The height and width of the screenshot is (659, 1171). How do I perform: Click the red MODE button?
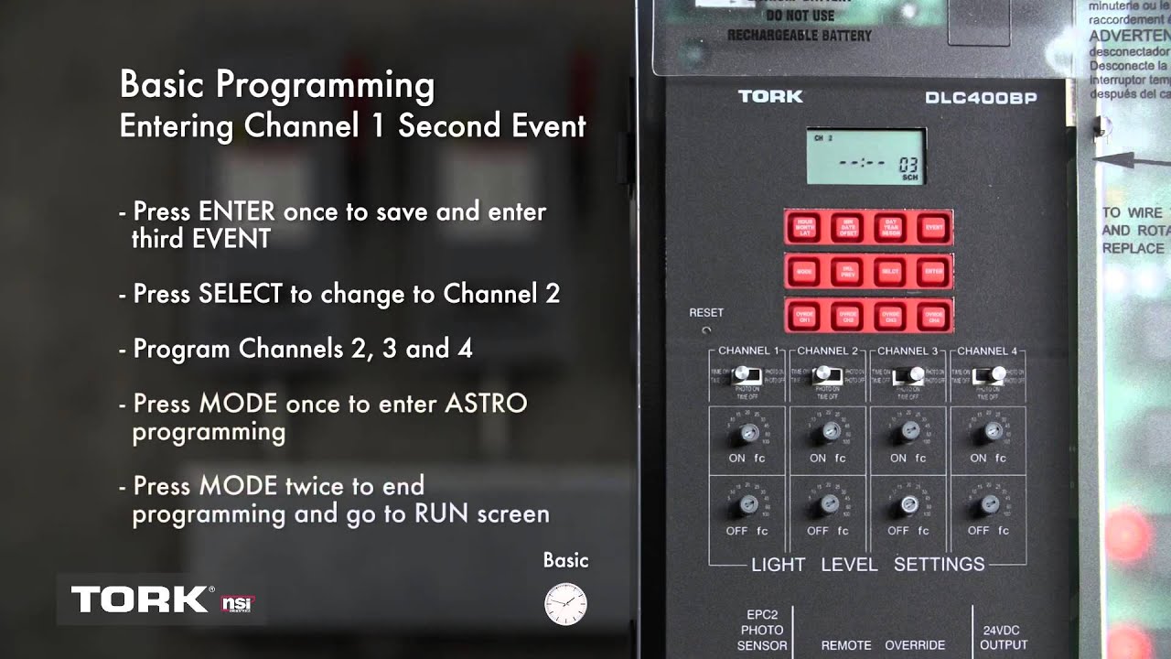point(805,272)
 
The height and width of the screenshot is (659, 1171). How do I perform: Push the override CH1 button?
point(805,316)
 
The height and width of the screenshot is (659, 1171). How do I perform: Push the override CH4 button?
point(932,316)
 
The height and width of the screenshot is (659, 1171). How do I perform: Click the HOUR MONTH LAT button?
point(805,227)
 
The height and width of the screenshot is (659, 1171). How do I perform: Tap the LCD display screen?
point(865,157)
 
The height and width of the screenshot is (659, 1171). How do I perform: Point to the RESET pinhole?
point(706,329)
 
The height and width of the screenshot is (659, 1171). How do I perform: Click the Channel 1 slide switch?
point(747,374)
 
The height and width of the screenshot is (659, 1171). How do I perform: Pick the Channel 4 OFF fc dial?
point(990,503)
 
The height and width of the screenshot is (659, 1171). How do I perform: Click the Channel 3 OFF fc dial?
point(909,503)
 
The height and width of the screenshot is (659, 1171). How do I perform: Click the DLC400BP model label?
point(980,98)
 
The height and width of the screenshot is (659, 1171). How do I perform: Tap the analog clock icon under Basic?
point(565,604)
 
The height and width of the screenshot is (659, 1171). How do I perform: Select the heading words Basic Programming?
point(277,85)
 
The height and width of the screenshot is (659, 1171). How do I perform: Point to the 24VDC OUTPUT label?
point(1004,638)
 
